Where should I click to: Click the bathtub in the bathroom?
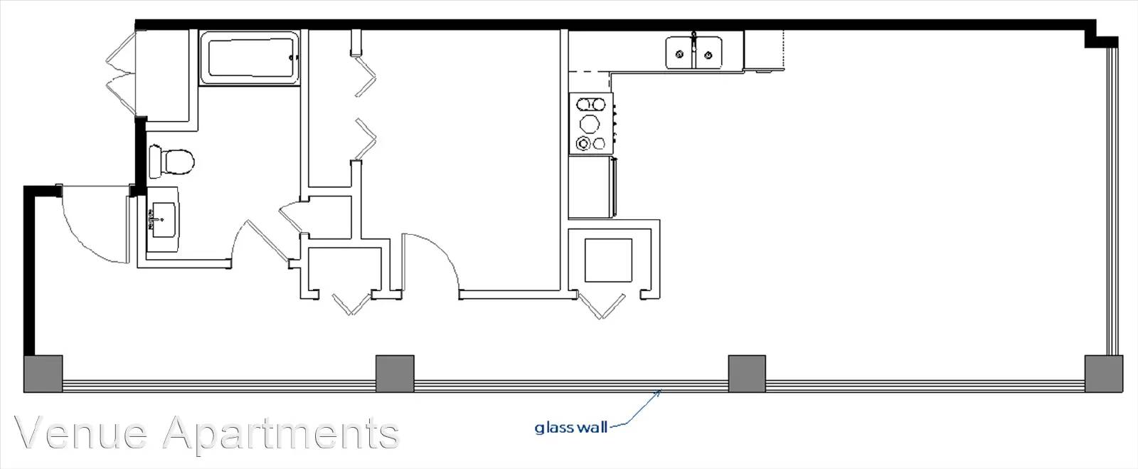(x=250, y=58)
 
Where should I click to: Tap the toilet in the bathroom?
(x=171, y=162)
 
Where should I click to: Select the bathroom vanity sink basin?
(x=163, y=219)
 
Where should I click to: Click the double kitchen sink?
(x=694, y=53)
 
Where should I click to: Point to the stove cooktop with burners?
(x=591, y=123)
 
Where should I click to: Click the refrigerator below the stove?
(x=592, y=187)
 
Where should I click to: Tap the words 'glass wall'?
(x=570, y=427)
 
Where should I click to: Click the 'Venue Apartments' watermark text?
(x=207, y=433)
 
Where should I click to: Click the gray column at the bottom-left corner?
(x=43, y=374)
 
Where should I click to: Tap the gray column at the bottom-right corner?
(x=1103, y=374)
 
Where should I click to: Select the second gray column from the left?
(x=395, y=374)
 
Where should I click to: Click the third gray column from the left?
(x=747, y=374)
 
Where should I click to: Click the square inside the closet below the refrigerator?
(x=609, y=260)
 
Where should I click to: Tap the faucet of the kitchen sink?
(x=694, y=41)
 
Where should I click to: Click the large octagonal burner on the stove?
(x=590, y=123)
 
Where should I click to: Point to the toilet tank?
(x=155, y=162)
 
